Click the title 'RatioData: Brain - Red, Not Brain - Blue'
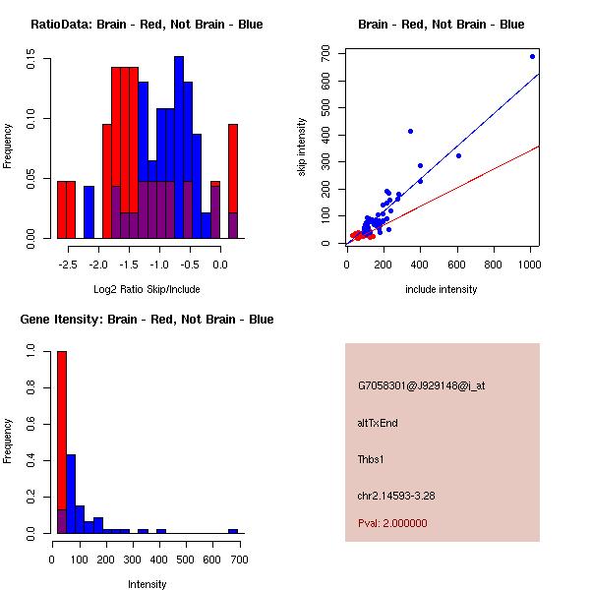click(147, 25)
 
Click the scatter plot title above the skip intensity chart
click(441, 25)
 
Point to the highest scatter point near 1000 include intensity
click(532, 56)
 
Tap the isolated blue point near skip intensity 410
click(410, 131)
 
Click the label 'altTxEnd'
click(378, 423)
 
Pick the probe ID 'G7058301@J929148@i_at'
click(421, 385)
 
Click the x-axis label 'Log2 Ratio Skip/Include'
click(147, 289)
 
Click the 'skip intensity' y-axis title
click(302, 147)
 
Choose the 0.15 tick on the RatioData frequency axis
click(31, 60)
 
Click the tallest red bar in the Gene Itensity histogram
click(61, 442)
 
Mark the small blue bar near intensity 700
click(233, 531)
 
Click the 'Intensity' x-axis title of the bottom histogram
click(147, 584)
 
